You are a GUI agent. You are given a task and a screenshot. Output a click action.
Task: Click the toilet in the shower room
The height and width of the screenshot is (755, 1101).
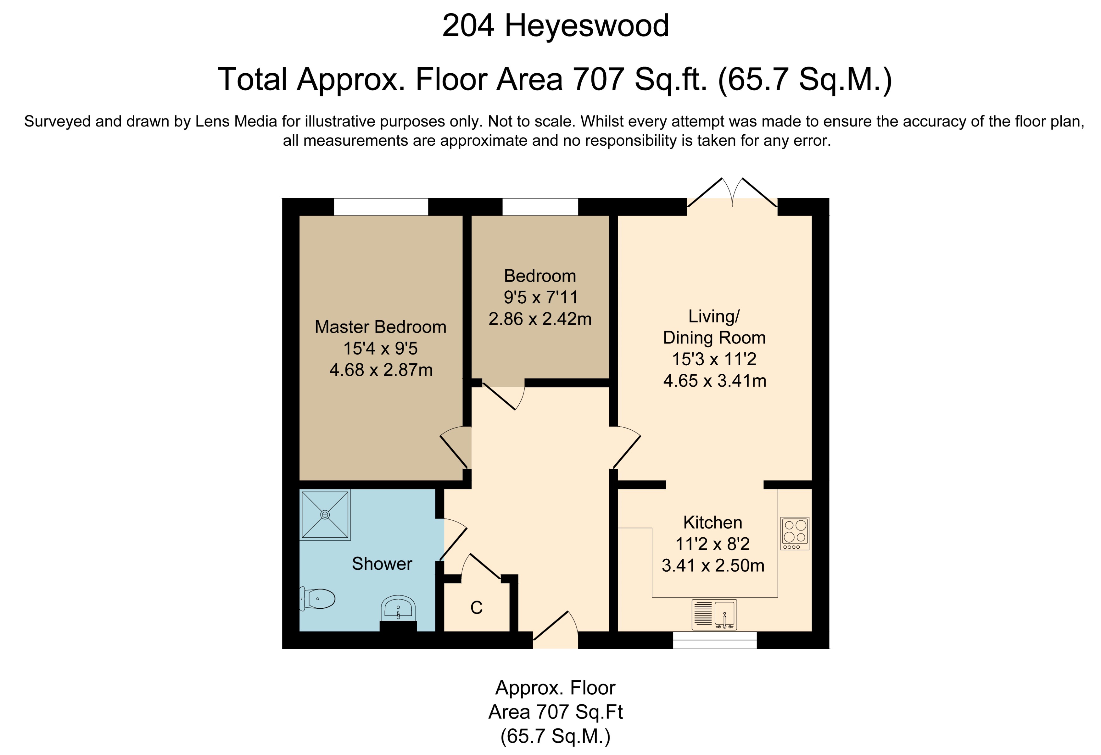(318, 599)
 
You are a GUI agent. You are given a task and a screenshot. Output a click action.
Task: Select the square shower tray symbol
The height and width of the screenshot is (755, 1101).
(325, 514)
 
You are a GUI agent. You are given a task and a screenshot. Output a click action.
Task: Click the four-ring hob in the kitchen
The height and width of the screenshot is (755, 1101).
(795, 533)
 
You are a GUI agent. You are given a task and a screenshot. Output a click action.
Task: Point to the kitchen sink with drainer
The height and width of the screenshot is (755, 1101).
(714, 614)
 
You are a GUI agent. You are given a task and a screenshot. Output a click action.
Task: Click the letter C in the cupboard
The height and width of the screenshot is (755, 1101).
(476, 608)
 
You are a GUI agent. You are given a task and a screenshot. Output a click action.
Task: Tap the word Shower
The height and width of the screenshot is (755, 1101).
(382, 564)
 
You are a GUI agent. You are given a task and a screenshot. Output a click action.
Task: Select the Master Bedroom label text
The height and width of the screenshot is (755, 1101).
(380, 327)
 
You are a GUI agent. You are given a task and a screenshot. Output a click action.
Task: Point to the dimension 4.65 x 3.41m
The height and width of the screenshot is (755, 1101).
(714, 380)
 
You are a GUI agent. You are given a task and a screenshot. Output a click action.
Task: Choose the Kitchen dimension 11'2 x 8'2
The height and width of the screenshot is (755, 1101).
(713, 544)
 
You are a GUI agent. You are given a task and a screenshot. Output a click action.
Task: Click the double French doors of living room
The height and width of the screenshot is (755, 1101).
(732, 194)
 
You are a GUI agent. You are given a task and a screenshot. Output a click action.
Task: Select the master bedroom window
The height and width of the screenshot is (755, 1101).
(381, 207)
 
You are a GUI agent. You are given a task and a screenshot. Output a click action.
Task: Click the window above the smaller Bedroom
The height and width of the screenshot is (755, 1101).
(540, 207)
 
